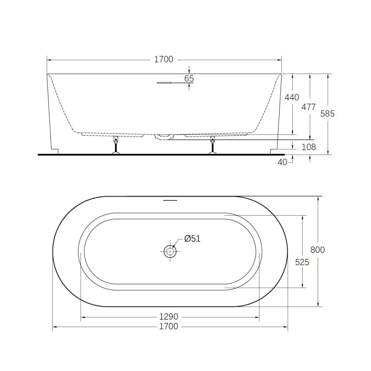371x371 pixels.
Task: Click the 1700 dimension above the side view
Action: tap(163, 59)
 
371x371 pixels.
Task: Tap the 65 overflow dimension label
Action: tap(189, 79)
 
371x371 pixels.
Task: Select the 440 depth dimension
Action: tap(292, 97)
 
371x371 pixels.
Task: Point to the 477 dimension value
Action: tap(309, 107)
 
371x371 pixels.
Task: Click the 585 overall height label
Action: tap(328, 114)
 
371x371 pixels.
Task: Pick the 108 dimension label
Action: tap(309, 147)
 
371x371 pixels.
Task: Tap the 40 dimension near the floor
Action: tap(282, 162)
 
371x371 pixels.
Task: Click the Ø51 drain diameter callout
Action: tap(192, 238)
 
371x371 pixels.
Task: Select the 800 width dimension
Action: tap(317, 250)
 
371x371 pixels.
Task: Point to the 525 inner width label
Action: tap(302, 262)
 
